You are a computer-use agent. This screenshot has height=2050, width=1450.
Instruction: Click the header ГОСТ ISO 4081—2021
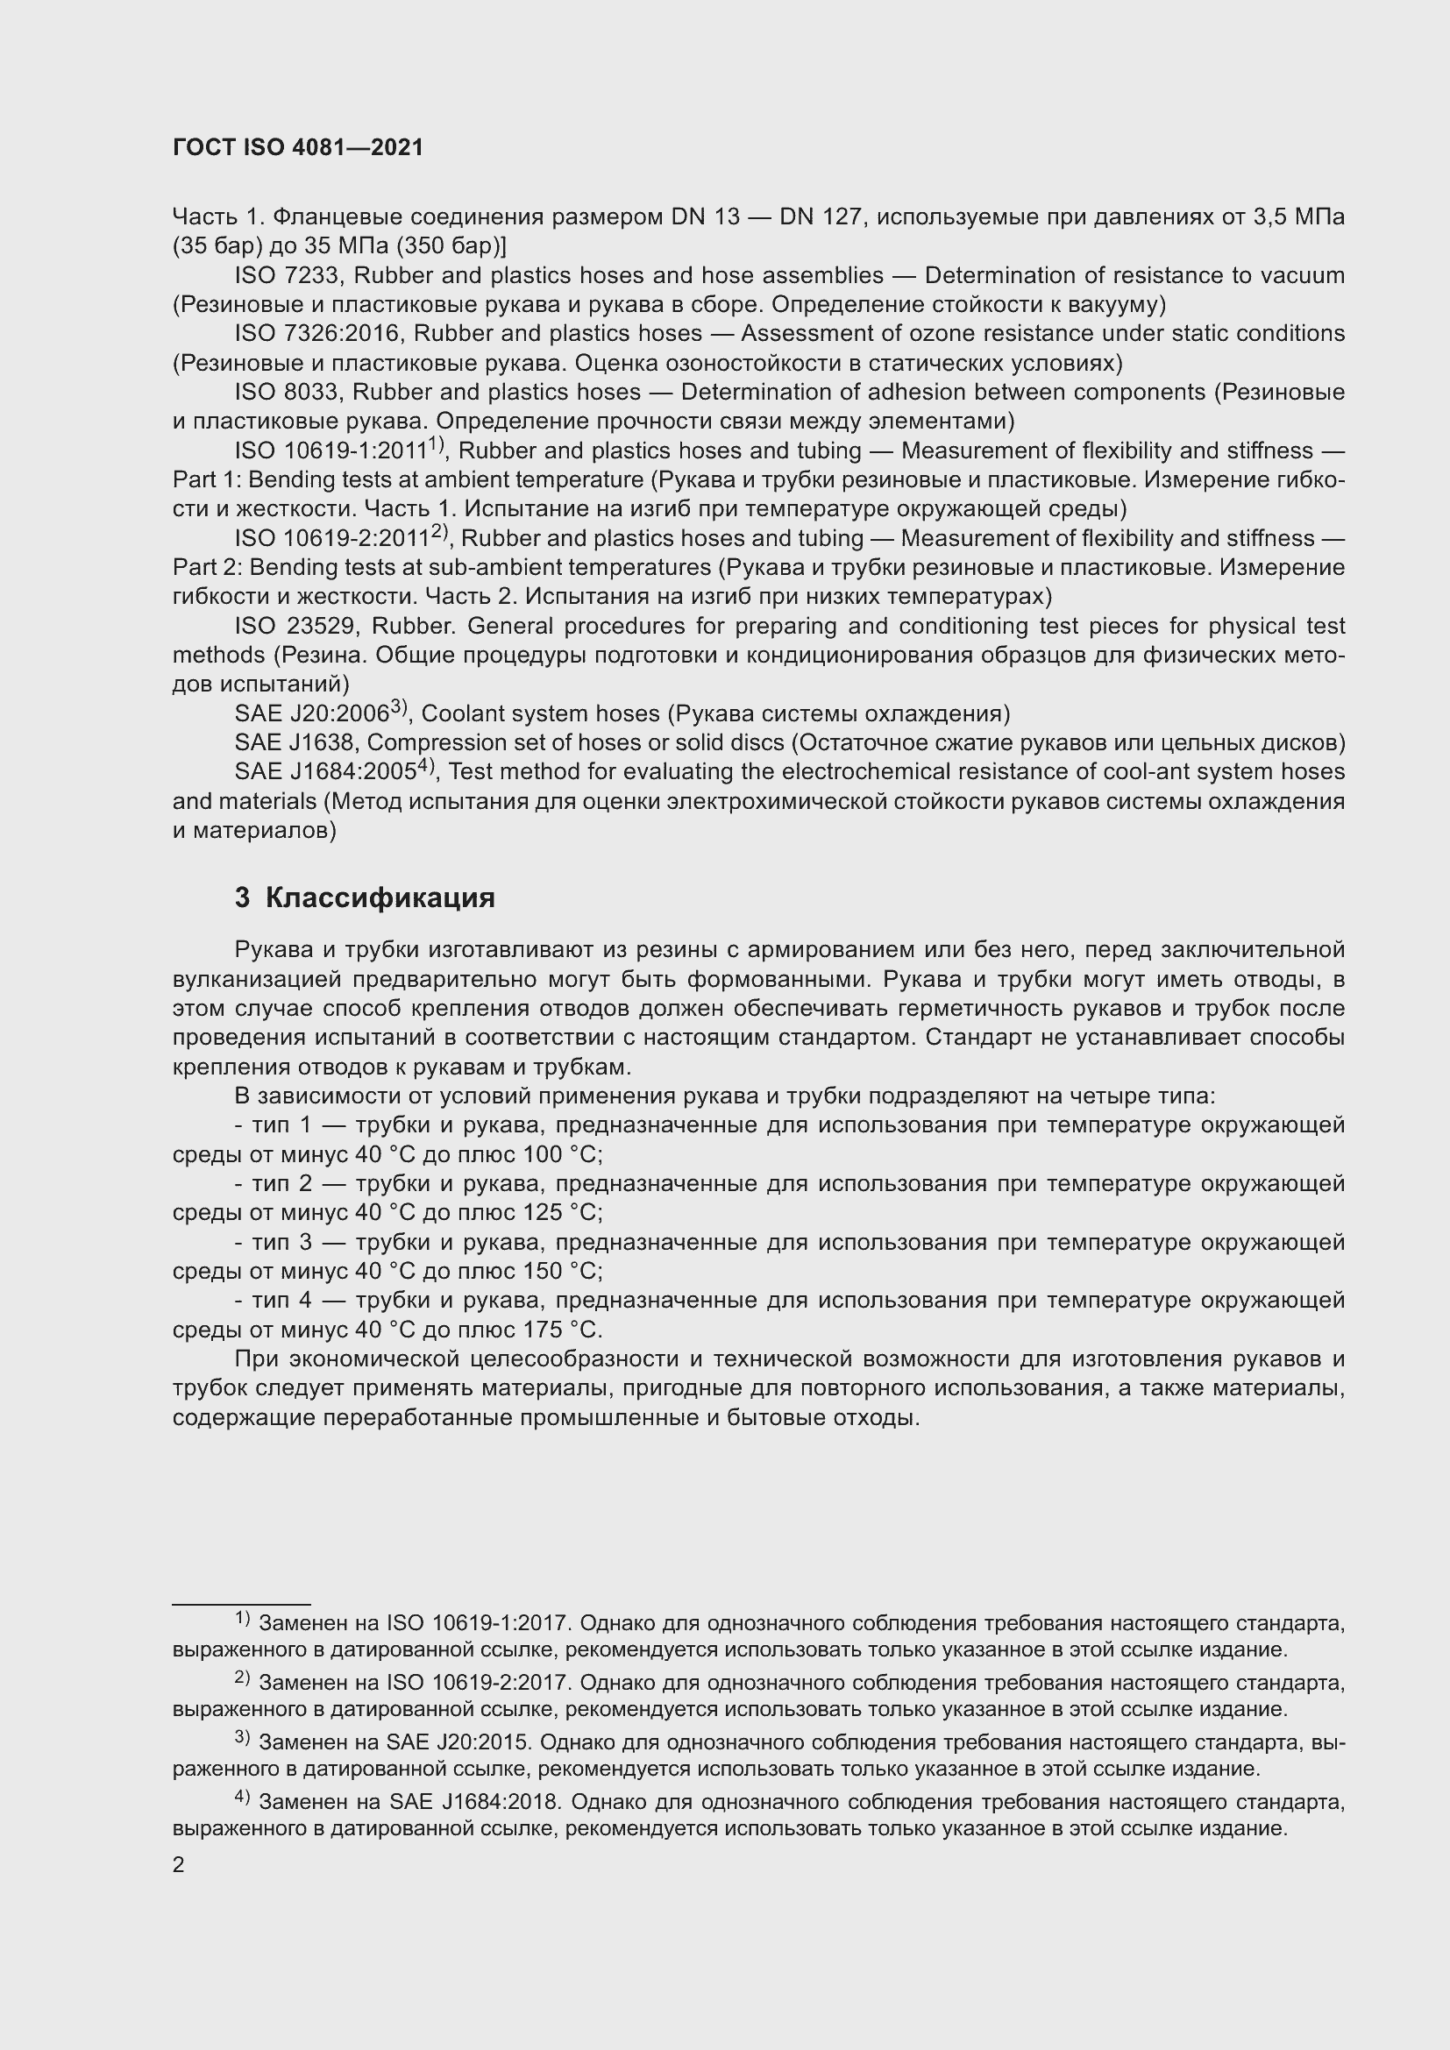297,148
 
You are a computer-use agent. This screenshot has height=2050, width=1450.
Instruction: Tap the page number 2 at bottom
179,1864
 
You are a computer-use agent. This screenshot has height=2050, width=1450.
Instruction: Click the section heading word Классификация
380,897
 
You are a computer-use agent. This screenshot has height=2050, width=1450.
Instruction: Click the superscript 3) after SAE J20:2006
398,708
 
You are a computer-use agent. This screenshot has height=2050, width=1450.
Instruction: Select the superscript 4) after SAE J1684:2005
425,766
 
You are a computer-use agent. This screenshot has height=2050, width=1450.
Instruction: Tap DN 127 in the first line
819,217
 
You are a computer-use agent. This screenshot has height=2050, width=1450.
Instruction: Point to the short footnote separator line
241,1605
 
